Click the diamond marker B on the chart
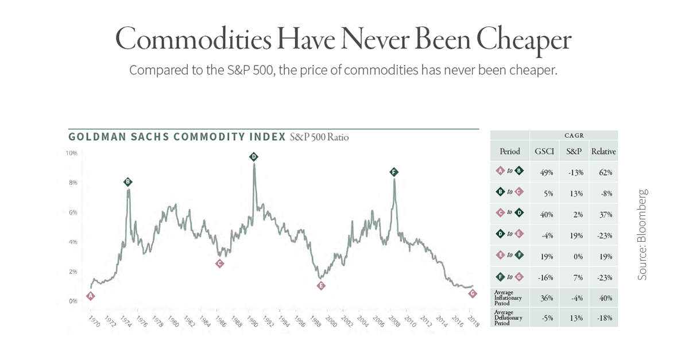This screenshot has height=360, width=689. [127, 182]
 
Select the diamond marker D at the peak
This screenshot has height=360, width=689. [253, 157]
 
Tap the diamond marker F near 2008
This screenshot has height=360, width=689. [393, 172]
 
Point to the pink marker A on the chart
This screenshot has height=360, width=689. [90, 296]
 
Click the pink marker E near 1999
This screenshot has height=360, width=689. [321, 286]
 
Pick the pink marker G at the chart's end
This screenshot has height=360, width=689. [473, 293]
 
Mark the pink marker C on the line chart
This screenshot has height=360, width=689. [219, 264]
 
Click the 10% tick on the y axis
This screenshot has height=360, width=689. [71, 153]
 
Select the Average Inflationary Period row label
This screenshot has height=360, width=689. [509, 298]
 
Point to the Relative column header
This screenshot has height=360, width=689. [603, 152]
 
